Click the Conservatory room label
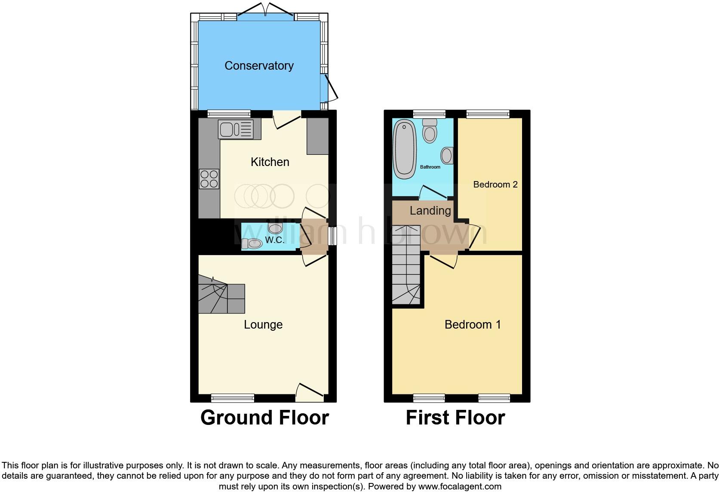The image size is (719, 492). coord(259,66)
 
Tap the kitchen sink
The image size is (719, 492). coord(236,129)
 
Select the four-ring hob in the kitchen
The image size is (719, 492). coord(209,179)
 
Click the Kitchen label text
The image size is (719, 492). coord(270,162)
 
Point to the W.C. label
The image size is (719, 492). coord(274,240)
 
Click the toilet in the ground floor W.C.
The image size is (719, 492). coord(251,243)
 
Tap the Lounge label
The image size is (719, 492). coord(263,325)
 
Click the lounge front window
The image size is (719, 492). coord(233,398)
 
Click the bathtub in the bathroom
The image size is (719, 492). coord(404,149)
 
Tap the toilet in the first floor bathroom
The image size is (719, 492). coord(430,131)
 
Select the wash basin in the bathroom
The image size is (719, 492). coord(447,155)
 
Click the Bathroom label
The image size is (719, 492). coord(430,167)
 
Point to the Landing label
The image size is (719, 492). coord(430,211)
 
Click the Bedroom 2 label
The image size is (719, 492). coord(495,184)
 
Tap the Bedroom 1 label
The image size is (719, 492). coord(473,325)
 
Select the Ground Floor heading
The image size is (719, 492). coord(264,418)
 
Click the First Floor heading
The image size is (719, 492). coord(455,418)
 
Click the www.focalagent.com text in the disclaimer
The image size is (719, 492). coord(460,486)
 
